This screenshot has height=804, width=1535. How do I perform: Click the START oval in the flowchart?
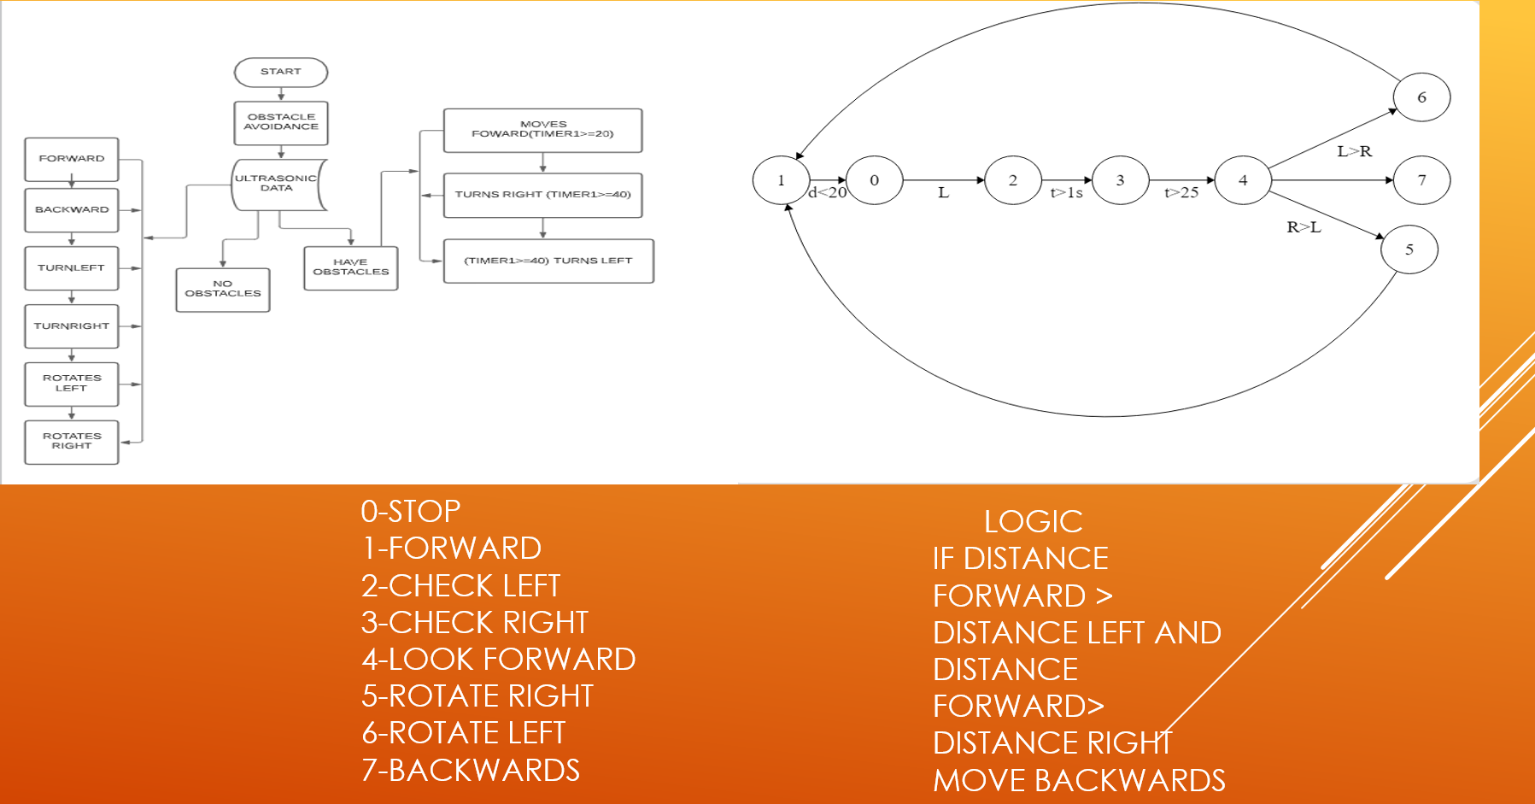281,72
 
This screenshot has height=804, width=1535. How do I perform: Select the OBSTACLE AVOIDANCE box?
281,122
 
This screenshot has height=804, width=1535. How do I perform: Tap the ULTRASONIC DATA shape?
277,184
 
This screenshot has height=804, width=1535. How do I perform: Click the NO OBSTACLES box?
223,289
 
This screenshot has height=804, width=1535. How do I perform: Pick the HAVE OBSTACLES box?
350,267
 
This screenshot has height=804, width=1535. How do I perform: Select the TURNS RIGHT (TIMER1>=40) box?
542,195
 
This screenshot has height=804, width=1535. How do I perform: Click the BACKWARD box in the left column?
72,210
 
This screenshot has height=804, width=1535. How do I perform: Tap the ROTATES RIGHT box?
72,441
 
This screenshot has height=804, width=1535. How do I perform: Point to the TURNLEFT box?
72,268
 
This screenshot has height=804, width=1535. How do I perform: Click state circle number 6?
1421,97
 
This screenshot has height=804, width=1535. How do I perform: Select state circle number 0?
874,180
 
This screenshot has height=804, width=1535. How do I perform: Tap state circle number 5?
1409,249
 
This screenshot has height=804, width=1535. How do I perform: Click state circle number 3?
1120,180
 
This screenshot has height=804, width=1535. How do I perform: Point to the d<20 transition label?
827,193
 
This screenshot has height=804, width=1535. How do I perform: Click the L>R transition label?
1354,151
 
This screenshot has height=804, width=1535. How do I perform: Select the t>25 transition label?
1181,193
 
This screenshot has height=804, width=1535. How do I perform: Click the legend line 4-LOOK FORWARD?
498,659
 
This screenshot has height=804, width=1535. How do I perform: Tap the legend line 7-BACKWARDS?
471,770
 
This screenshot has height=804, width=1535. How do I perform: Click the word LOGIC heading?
1033,521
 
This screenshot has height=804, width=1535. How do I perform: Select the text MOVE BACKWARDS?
1079,780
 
